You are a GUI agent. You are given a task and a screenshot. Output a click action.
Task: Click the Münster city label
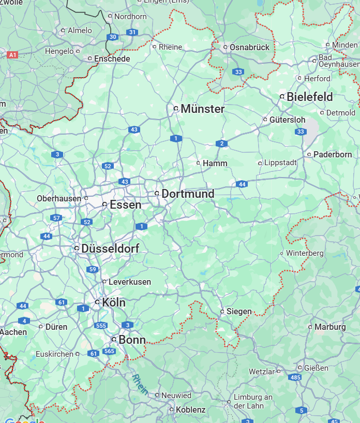click(202, 109)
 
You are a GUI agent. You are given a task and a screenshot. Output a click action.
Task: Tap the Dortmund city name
click(188, 194)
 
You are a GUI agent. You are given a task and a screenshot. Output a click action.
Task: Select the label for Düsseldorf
click(110, 249)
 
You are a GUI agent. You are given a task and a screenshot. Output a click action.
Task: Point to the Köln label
click(114, 302)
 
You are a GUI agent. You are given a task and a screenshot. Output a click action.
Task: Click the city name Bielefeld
click(310, 97)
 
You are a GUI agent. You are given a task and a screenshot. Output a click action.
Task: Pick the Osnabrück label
click(250, 47)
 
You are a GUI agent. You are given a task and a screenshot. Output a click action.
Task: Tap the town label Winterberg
click(305, 253)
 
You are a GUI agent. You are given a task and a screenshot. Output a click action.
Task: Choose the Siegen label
click(239, 312)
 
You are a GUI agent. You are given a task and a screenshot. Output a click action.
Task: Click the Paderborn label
click(333, 154)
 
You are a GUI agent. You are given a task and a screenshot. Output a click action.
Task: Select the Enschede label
click(112, 59)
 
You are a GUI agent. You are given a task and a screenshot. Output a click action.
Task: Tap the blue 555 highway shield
click(101, 326)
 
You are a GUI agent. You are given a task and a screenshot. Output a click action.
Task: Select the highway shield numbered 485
click(295, 377)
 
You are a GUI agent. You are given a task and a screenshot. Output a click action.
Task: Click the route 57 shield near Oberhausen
click(56, 218)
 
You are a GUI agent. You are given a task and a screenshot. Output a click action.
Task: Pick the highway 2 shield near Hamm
click(222, 143)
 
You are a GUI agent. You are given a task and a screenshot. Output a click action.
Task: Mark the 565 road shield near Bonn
click(109, 351)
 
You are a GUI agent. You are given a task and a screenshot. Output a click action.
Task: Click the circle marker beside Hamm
click(198, 163)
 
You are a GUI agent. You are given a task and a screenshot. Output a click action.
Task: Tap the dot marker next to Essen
click(105, 205)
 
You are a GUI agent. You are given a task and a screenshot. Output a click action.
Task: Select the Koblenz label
click(191, 410)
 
